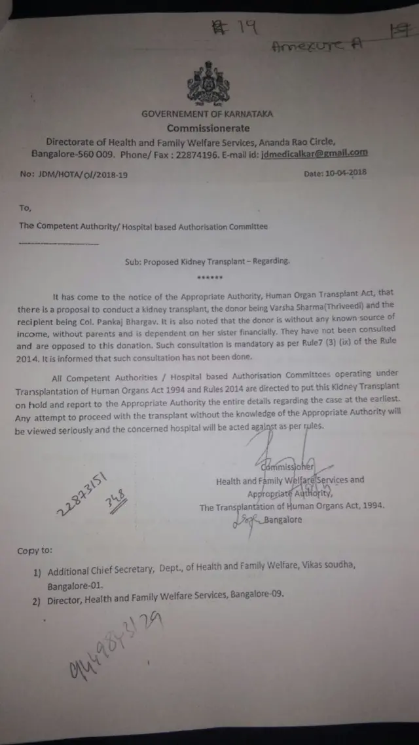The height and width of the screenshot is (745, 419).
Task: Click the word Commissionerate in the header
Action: click(x=208, y=128)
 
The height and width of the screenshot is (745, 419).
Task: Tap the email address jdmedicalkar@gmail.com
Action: click(x=314, y=153)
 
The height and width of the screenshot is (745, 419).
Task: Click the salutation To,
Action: click(x=26, y=208)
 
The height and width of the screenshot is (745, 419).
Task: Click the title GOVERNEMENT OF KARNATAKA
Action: click(x=207, y=114)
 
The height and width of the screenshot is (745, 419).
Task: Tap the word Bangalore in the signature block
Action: click(x=283, y=520)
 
